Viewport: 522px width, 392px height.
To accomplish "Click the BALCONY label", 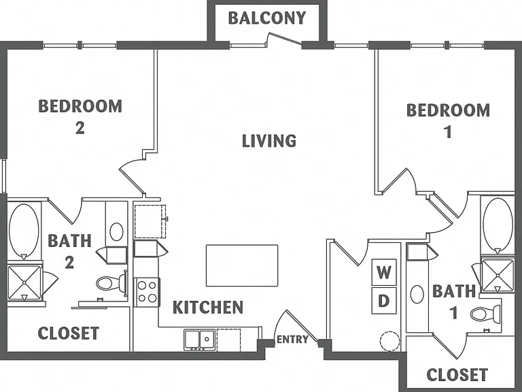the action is pos(266,18).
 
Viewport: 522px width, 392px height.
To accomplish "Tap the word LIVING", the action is pos(269,141).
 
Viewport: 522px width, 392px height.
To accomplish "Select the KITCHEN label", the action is pos(208,308).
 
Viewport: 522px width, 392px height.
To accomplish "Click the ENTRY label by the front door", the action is pos(292,340).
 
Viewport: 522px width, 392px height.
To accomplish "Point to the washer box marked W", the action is pos(384,272).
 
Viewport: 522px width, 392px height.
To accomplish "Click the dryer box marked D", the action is pos(384,301).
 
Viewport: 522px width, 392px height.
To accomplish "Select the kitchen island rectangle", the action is pos(242,265).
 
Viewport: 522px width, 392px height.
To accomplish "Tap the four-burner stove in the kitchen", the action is pos(147,292).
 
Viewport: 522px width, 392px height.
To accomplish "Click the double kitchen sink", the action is pos(200,340).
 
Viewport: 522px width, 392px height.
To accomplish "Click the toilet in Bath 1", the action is pos(485,313).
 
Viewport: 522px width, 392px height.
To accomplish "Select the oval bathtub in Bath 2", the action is pos(24,230).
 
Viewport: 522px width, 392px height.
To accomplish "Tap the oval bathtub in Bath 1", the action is pos(498,225).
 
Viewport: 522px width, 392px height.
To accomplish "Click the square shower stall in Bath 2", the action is pos(24,282).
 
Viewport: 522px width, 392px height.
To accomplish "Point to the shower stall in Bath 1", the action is pos(498,275).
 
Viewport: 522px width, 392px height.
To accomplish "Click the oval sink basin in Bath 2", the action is pos(116,231).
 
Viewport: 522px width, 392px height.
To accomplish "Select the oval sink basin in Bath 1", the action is pos(417,294).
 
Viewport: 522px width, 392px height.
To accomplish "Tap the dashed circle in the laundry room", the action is pos(390,341).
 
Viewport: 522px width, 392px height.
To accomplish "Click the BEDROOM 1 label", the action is pos(448,120).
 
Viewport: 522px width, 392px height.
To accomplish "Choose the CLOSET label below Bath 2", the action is pos(69,333).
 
